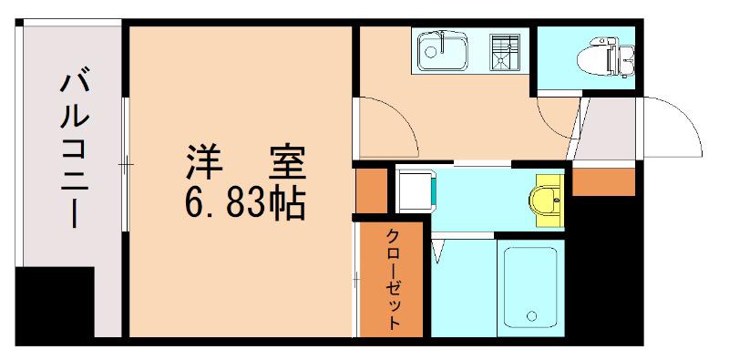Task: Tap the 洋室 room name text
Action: coord(246,162)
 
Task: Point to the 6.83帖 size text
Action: coord(245,203)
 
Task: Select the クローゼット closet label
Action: coord(393,279)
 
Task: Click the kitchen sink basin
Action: coord(442,50)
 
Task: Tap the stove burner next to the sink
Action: coord(504,52)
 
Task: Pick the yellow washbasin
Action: coord(546,201)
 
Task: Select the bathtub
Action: coord(531,287)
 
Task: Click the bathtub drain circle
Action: coord(531,316)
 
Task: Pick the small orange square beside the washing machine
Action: coord(372,190)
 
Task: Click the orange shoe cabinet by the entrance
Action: coord(603,182)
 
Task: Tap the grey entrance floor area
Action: coord(606,129)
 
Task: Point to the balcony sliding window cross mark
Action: coord(126,164)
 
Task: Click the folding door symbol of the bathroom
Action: coord(438,252)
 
